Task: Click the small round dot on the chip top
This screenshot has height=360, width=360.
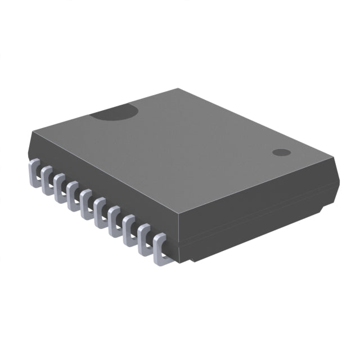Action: [x=280, y=152]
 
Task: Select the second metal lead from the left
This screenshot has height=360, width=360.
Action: [x=47, y=178]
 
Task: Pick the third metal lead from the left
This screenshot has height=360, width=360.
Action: [x=60, y=186]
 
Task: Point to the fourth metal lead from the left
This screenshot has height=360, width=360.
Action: [x=73, y=194]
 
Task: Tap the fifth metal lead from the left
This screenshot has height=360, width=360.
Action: [x=87, y=202]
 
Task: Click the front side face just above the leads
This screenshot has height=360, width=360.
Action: [x=101, y=180]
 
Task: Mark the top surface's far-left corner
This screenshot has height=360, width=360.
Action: [x=33, y=131]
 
